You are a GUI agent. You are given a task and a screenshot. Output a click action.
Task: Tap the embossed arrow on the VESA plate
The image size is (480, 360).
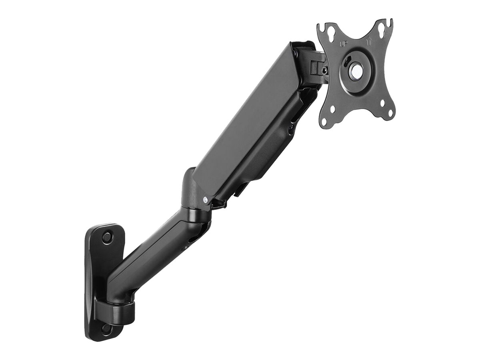(369, 41)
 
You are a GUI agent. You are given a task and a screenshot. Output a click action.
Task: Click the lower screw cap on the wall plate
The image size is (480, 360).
(106, 329)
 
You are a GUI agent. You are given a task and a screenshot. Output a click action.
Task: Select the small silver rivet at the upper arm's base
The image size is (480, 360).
(206, 198)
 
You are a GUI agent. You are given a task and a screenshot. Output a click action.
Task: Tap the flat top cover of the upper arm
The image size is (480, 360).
(244, 120)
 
